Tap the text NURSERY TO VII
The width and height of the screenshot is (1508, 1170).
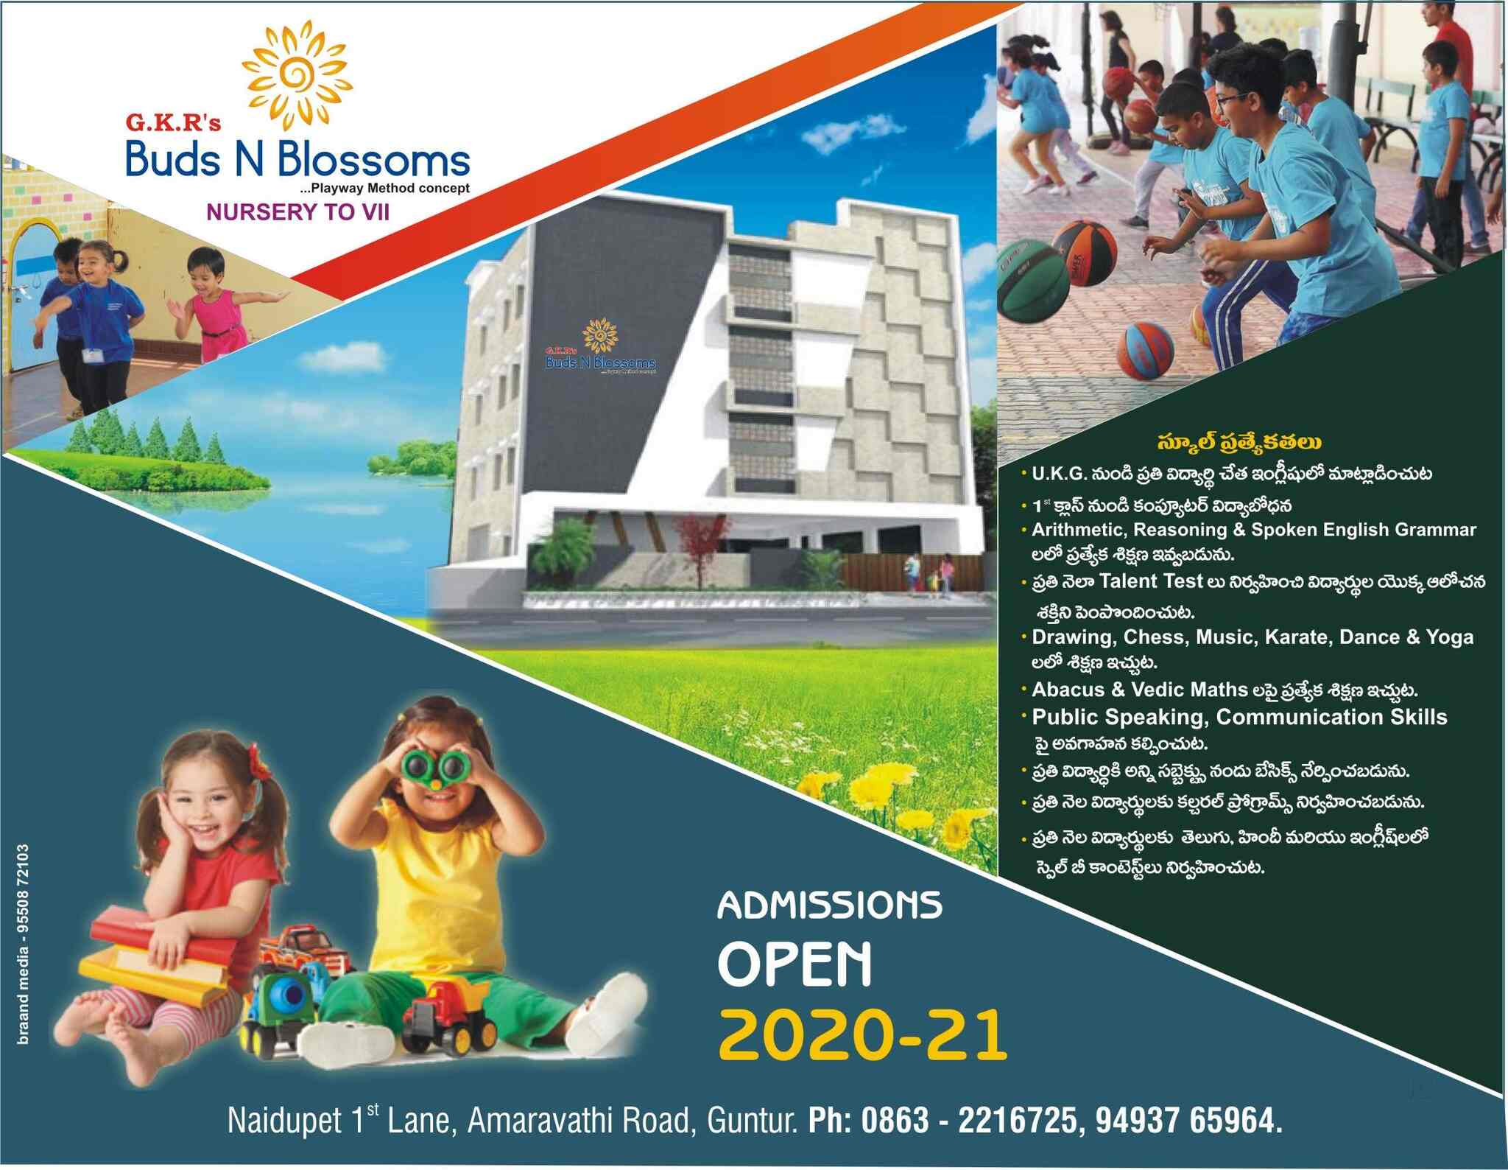pos(298,212)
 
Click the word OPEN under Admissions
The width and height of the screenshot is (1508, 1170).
pos(795,964)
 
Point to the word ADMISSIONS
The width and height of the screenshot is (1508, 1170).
pos(830,905)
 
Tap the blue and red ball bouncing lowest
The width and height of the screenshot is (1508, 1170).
pos(1149,353)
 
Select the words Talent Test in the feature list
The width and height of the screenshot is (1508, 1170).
pos(1152,581)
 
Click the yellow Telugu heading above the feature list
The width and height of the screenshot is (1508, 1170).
pos(1238,443)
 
